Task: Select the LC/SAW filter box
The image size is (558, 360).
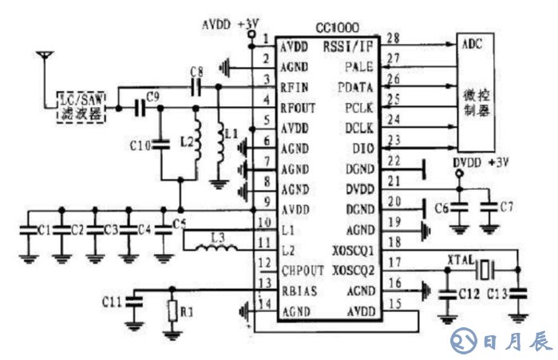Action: pos(82,107)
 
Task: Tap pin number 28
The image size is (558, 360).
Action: pos(392,38)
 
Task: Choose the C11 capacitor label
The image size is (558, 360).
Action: pos(113,302)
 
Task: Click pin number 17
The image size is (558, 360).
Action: pos(392,260)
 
